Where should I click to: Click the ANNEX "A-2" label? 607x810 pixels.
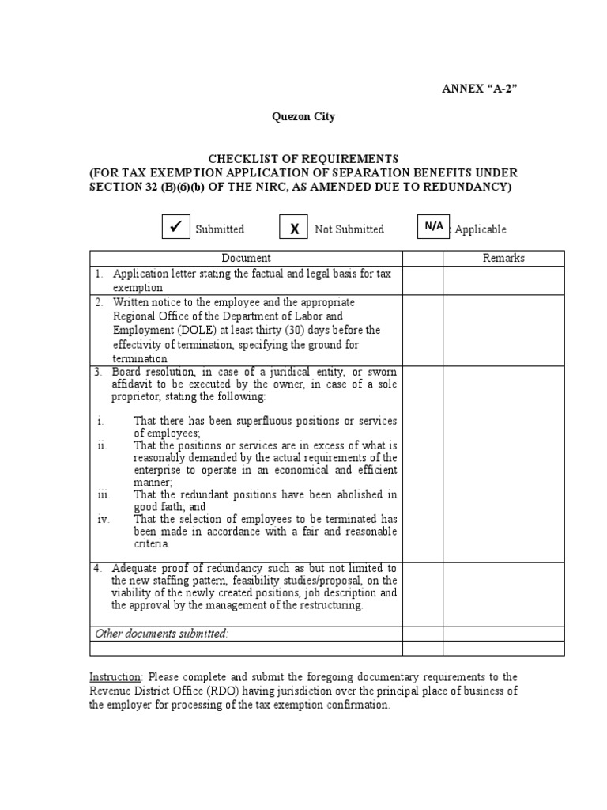479,88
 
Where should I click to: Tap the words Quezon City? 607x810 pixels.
303,116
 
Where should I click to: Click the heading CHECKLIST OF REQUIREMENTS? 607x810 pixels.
303,159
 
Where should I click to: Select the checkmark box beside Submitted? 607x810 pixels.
175,227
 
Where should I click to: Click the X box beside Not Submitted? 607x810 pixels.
294,228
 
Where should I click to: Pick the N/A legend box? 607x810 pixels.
433,226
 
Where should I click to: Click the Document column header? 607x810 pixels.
246,258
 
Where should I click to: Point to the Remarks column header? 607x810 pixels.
503,258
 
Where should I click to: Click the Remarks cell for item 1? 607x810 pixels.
503,281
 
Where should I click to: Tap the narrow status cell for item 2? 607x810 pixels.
423,330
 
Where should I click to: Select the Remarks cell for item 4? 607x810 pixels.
503,592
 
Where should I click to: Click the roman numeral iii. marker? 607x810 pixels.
104,494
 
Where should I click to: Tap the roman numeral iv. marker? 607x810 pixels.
104,519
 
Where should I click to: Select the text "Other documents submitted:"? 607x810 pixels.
161,633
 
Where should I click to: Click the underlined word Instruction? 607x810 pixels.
115,677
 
